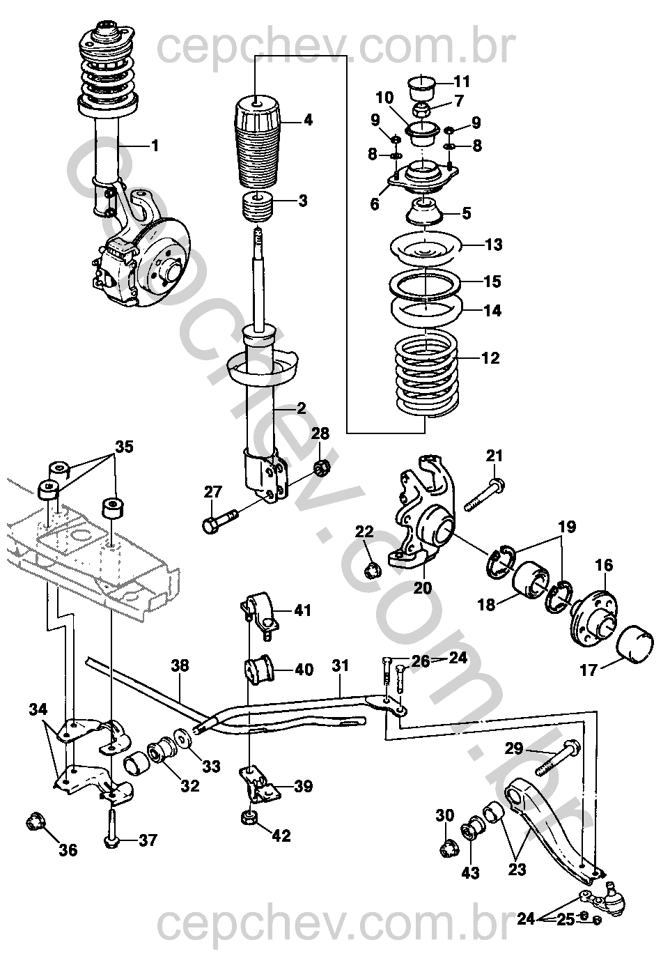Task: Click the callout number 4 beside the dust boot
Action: (x=308, y=121)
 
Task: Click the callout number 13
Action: (x=493, y=245)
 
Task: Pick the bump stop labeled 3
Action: (x=258, y=208)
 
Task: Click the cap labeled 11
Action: (x=421, y=87)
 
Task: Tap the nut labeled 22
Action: (x=373, y=570)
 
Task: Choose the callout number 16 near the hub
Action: (x=604, y=564)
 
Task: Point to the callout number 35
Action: (x=124, y=447)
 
